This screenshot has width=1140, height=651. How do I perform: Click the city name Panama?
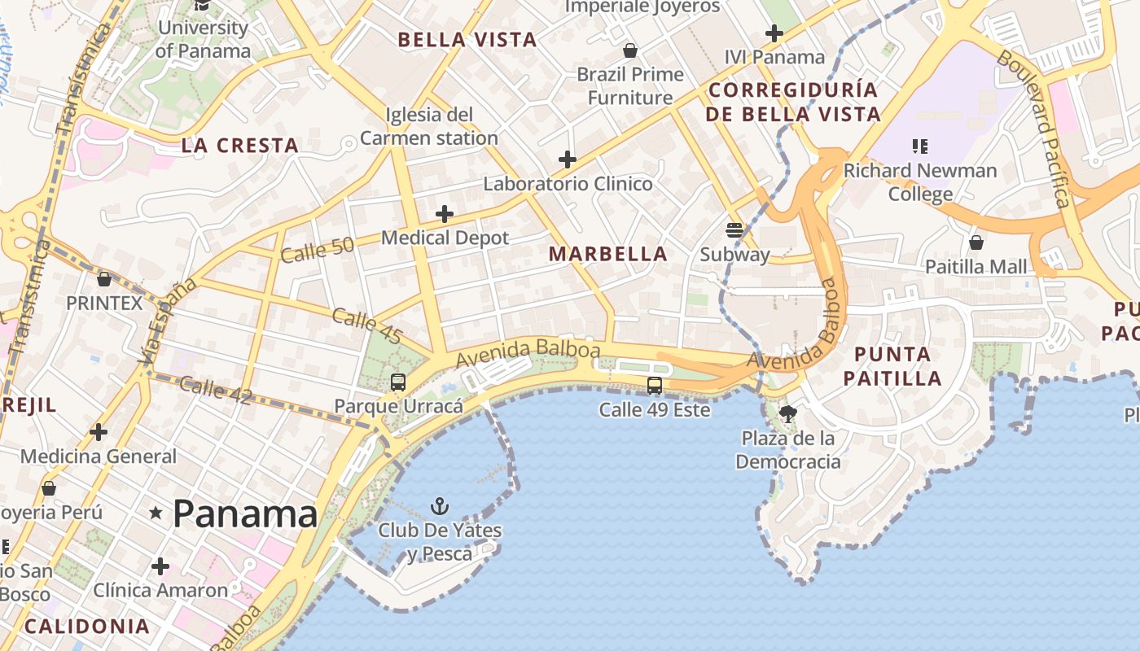point(245,513)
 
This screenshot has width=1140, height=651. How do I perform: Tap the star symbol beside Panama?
point(156,513)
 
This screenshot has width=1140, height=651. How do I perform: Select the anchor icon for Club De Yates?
point(440,507)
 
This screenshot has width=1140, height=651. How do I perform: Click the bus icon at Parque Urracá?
point(398,382)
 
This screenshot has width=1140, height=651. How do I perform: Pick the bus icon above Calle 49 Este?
point(655,386)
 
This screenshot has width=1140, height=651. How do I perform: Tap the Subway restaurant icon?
point(734,230)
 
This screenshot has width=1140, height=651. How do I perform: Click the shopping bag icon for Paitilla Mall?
point(976,242)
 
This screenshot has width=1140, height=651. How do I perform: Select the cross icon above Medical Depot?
point(445,214)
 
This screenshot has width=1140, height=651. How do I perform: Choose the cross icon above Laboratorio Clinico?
point(568,159)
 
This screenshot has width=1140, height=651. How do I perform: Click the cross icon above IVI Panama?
point(774,33)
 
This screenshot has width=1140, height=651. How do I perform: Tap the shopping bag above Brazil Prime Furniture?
point(630,50)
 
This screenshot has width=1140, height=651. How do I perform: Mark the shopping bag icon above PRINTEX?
point(104,279)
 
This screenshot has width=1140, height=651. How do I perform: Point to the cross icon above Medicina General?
point(99,432)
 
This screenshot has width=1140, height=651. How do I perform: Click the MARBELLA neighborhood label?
point(608,254)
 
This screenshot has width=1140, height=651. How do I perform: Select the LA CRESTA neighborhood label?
point(239,146)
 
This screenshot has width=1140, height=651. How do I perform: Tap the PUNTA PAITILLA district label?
point(892,366)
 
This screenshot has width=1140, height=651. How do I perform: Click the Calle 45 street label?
point(367,325)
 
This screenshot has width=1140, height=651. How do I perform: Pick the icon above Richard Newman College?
point(920,146)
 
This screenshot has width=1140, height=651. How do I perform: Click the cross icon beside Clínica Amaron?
point(160,566)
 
